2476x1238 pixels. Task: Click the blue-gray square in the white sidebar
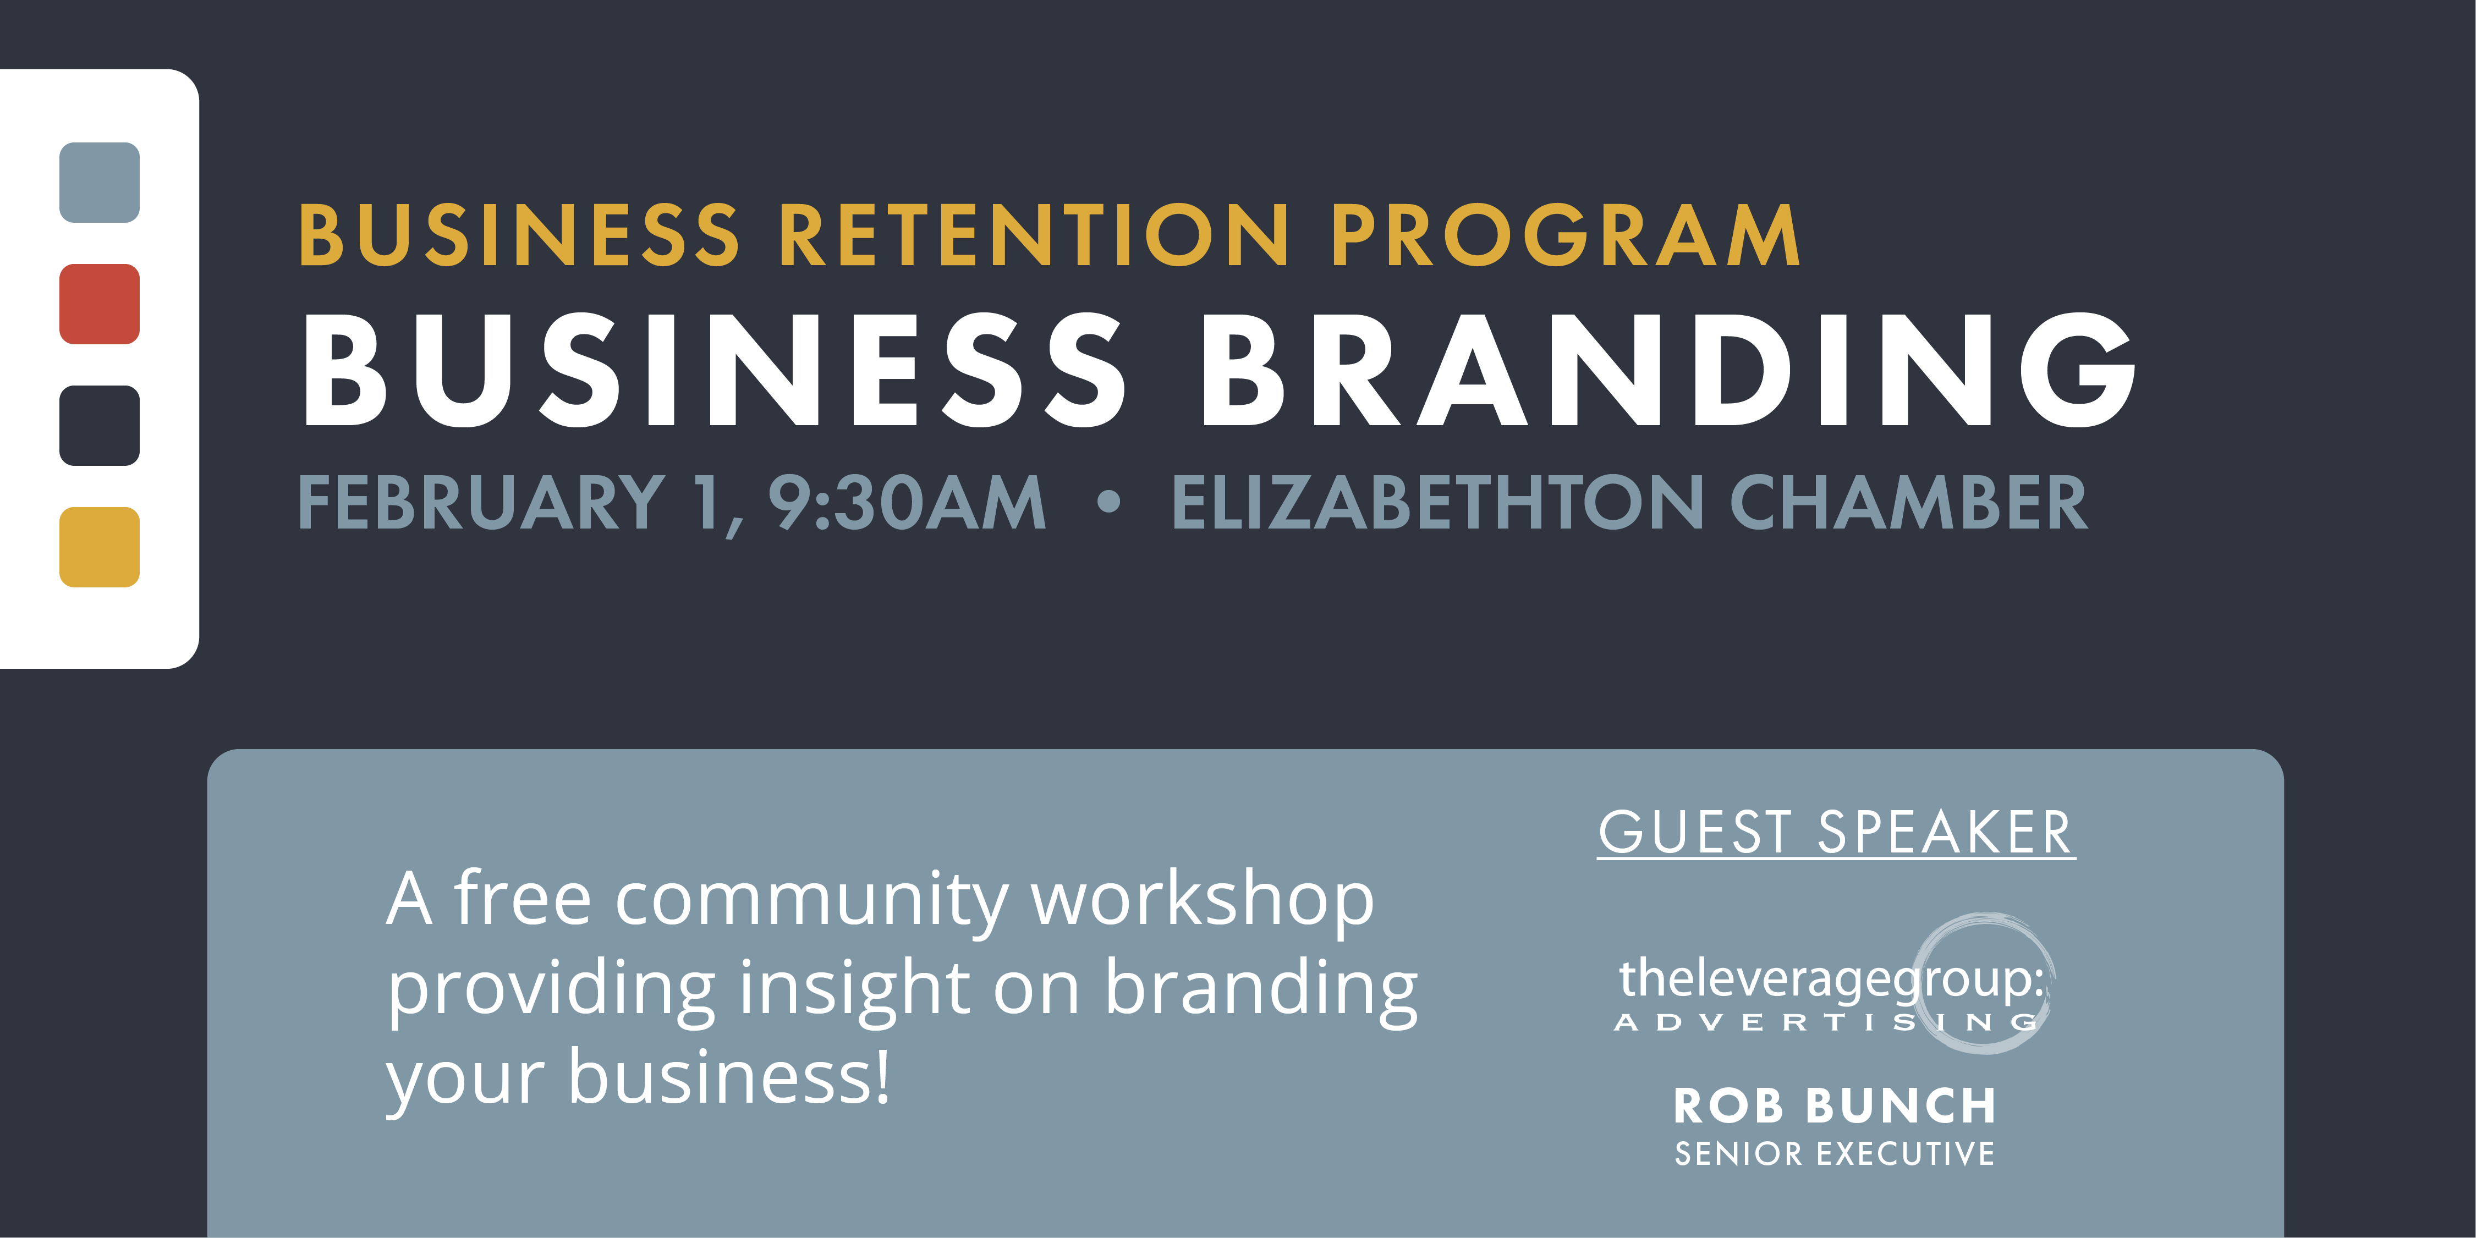[x=99, y=183]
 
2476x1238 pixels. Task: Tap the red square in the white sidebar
[x=99, y=304]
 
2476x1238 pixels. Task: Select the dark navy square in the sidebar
[x=99, y=426]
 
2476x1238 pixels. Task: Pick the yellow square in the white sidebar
[x=99, y=547]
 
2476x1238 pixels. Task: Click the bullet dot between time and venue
[x=1108, y=501]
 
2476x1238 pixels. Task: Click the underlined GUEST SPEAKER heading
[x=1836, y=832]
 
